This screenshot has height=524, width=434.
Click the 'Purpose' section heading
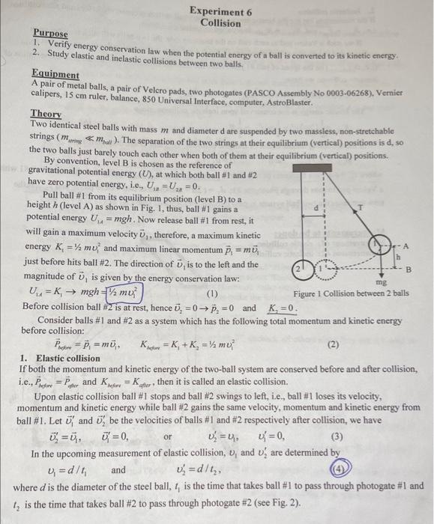tap(50, 34)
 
